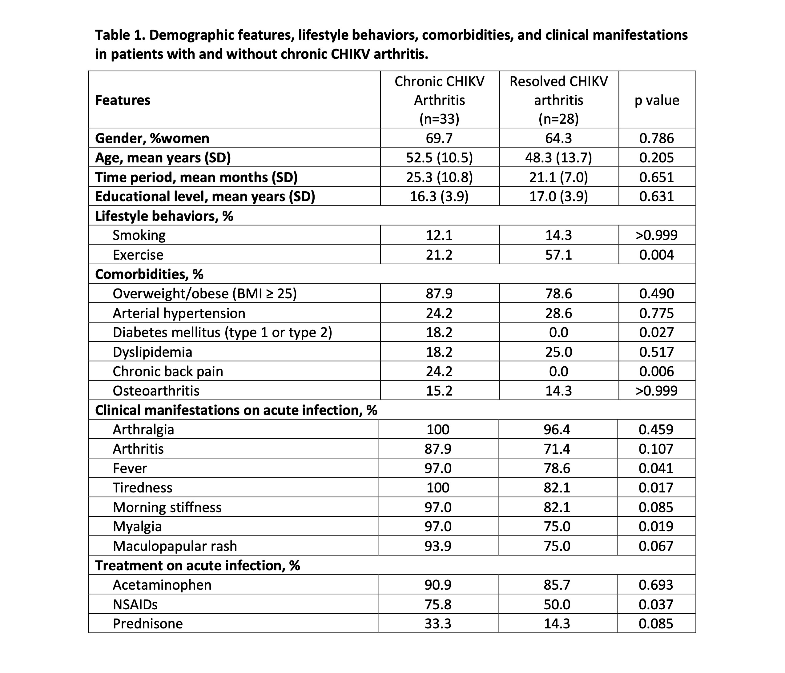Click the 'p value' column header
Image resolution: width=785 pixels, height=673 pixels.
[x=657, y=100]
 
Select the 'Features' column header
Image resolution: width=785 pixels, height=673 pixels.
[x=123, y=100]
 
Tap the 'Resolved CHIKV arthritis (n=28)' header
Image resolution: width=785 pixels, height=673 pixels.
[x=558, y=100]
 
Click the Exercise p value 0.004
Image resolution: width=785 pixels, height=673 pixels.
[x=657, y=255]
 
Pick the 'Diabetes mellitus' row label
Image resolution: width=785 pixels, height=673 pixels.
[x=222, y=332]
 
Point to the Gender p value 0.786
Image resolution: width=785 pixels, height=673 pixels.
[x=657, y=138]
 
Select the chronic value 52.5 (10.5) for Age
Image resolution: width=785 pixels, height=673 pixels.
[x=439, y=157]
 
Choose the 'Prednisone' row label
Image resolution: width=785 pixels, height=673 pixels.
[x=148, y=623]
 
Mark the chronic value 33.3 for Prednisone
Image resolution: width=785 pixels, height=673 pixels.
[x=438, y=623]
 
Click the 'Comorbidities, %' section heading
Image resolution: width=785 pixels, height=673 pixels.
[x=149, y=274]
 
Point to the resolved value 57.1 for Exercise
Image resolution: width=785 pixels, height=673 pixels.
[x=558, y=255]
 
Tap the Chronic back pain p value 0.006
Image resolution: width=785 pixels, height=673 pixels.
[x=657, y=371]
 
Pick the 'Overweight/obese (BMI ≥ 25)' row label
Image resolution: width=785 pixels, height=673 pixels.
[x=205, y=294]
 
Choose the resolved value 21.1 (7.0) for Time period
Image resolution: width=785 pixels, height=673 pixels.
[x=558, y=177]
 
